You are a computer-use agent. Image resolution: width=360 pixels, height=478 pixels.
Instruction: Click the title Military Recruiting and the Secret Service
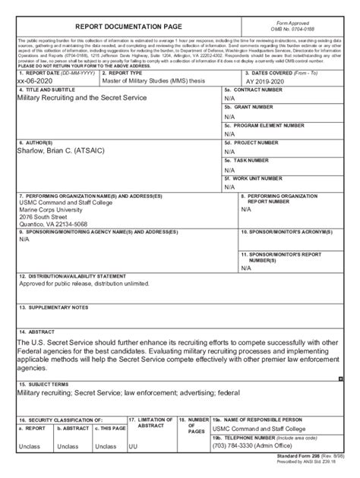pyautogui.click(x=87, y=98)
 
